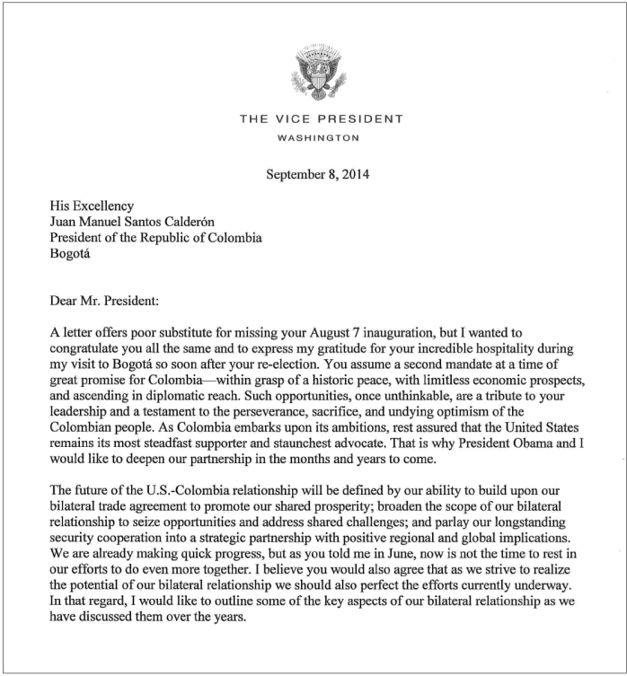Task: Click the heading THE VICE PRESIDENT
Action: (321, 119)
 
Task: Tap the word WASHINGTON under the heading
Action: (320, 138)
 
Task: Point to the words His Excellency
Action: (91, 206)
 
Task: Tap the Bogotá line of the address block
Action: (70, 254)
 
